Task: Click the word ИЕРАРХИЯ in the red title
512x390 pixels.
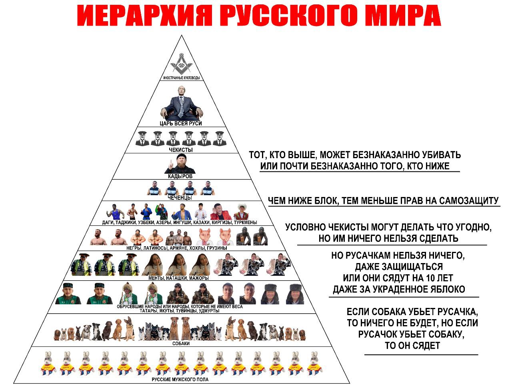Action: click(145, 15)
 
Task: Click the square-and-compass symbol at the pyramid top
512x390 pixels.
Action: click(181, 64)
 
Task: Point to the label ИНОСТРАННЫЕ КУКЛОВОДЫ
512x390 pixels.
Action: click(181, 78)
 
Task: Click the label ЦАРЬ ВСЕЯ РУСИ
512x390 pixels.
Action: click(181, 123)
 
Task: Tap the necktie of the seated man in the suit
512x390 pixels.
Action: click(181, 107)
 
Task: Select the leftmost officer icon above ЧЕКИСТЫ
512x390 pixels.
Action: click(142, 139)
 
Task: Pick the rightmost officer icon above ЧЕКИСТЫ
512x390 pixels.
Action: click(220, 139)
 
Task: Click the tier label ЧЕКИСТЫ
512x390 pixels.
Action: click(181, 150)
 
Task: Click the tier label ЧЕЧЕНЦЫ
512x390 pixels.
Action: click(180, 198)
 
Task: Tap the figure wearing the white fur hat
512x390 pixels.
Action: click(242, 211)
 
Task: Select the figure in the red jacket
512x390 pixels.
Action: click(220, 212)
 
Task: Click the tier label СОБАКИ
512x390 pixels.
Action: click(181, 344)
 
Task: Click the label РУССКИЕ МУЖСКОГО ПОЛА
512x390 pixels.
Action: click(180, 380)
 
